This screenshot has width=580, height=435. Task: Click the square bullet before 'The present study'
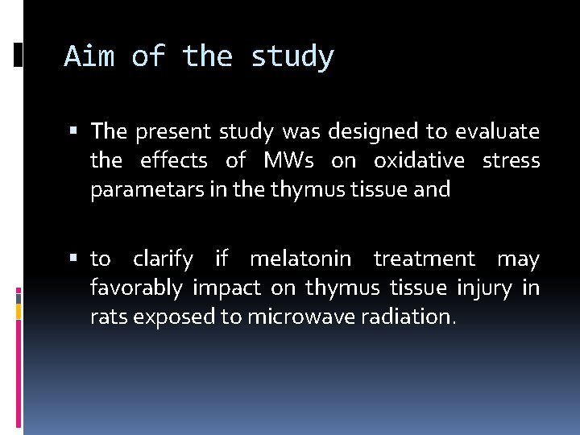click(78, 130)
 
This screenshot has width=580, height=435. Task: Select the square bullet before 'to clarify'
click(78, 259)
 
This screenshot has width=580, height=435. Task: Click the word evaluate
click(497, 130)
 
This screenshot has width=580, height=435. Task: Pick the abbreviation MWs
click(289, 160)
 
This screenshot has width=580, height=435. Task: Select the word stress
click(511, 160)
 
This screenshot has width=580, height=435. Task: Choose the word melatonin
click(300, 259)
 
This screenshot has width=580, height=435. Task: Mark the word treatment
click(425, 259)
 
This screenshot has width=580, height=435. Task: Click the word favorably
click(138, 288)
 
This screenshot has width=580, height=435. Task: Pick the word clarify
click(164, 259)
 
